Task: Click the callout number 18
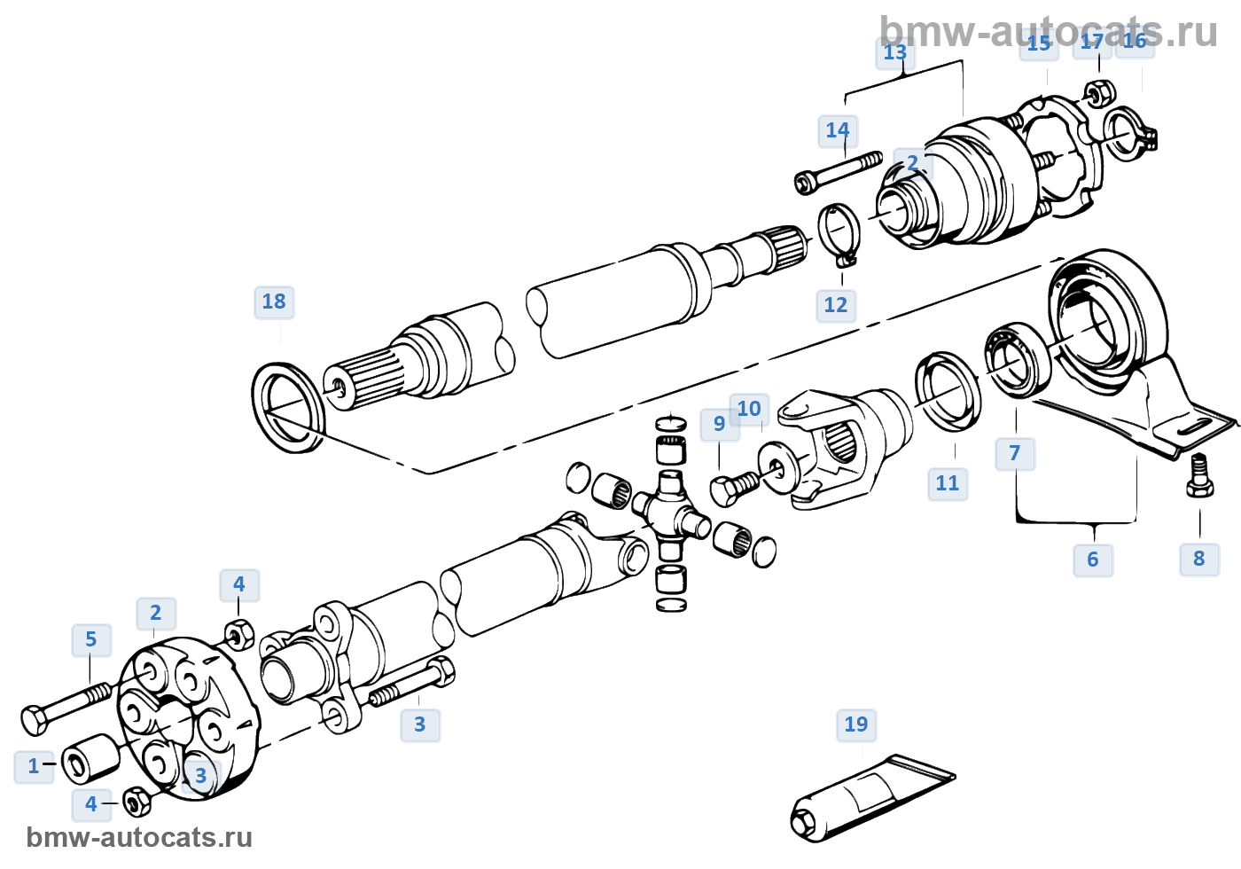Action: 274,302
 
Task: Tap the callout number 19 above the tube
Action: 856,724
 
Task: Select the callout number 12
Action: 836,305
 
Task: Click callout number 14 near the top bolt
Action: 838,131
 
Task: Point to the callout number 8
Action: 1199,559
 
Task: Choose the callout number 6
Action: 1093,560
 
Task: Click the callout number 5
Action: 91,639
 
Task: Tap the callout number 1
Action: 34,766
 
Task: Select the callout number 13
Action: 895,52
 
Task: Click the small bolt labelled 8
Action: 1199,475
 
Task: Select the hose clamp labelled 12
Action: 839,233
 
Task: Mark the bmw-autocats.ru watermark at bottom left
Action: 139,838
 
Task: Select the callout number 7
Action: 1015,454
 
